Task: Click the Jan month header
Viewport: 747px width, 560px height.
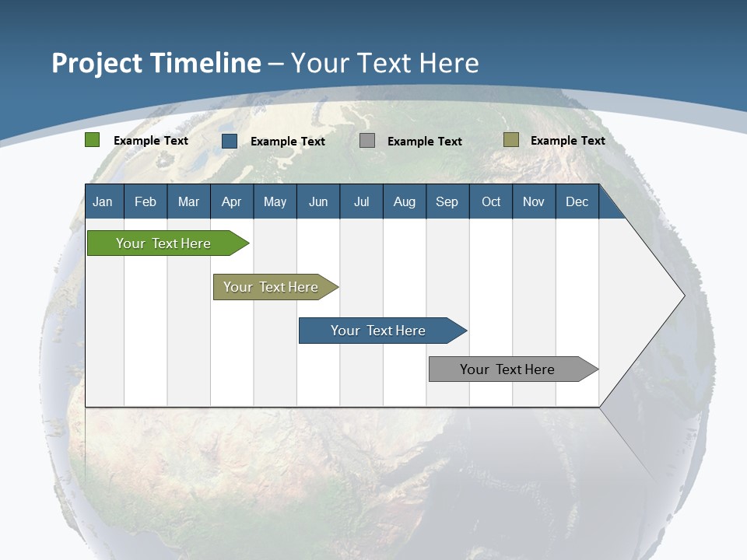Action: [103, 201]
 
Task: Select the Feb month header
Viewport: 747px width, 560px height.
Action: [146, 201]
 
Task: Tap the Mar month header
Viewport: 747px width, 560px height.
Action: [188, 201]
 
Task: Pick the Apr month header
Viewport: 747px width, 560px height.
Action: [232, 201]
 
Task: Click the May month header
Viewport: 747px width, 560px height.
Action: [275, 201]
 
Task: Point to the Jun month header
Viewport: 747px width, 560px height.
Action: [318, 201]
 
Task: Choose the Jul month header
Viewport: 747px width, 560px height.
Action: [361, 201]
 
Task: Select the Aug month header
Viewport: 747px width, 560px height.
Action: [405, 201]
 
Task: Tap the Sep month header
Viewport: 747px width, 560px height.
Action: [447, 201]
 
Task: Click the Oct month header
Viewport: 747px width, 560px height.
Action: [491, 201]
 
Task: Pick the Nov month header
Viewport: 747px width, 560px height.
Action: [534, 201]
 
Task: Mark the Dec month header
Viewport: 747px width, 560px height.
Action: [577, 201]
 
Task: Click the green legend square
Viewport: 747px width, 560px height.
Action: [93, 140]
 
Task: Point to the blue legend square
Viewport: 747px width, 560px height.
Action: [230, 141]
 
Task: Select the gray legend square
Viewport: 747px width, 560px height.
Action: [367, 141]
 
